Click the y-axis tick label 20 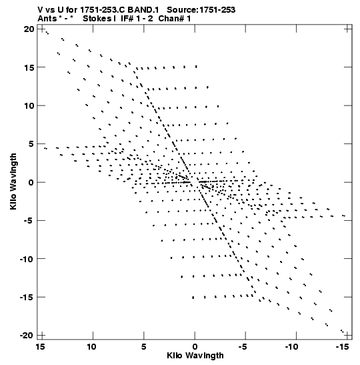[x=29, y=29]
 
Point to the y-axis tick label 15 [x=29, y=67]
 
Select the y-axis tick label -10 [x=27, y=259]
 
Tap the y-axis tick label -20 [x=27, y=336]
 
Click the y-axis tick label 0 [x=31, y=183]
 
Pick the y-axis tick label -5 [x=29, y=220]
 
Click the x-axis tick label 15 [x=40, y=347]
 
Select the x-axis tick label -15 [x=343, y=347]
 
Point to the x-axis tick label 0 [x=195, y=347]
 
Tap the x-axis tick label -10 [x=291, y=347]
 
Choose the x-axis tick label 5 [x=144, y=347]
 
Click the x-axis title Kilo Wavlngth [x=195, y=356]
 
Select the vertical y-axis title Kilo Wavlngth [x=13, y=181]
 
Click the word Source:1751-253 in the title [x=201, y=10]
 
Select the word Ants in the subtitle [x=47, y=19]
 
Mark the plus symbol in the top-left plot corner [x=41, y=29]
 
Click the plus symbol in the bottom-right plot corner [x=348, y=336]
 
